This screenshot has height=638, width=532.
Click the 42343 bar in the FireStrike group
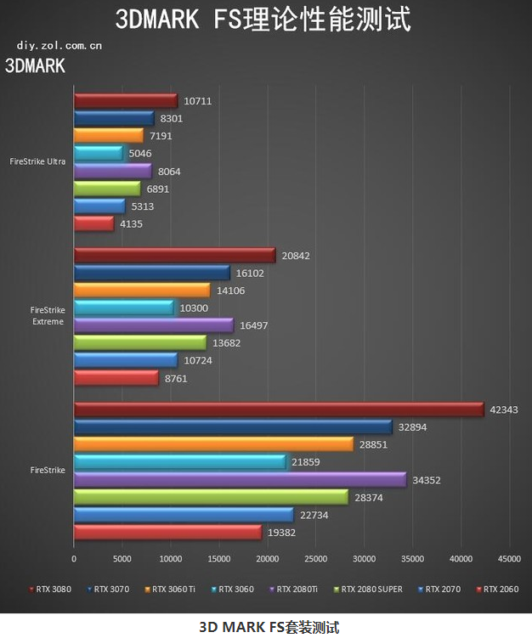pyautogui.click(x=279, y=409)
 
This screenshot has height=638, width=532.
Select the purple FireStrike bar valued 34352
pyautogui.click(x=240, y=480)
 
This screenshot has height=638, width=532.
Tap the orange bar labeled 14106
pyautogui.click(x=141, y=290)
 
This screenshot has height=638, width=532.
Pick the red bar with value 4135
pyautogui.click(x=93, y=223)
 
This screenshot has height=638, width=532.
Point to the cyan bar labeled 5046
pyautogui.click(x=99, y=153)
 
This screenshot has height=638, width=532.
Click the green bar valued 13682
pyautogui.click(x=139, y=342)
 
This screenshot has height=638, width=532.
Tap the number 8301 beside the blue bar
pyautogui.click(x=172, y=118)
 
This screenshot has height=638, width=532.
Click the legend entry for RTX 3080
pyautogui.click(x=53, y=588)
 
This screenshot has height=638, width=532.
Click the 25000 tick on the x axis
pyautogui.click(x=316, y=559)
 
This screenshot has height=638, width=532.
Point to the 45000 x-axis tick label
pyautogui.click(x=509, y=559)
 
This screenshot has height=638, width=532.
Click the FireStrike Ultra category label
pyautogui.click(x=37, y=161)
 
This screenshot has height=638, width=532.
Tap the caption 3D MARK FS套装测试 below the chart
pyautogui.click(x=269, y=628)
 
